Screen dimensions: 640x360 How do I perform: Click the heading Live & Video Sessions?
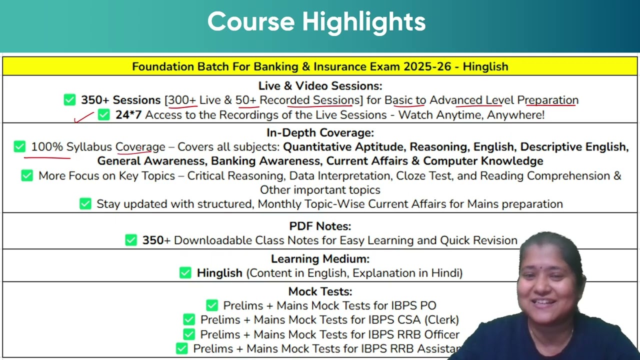[x=320, y=85]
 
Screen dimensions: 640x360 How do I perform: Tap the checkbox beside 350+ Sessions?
[x=69, y=99]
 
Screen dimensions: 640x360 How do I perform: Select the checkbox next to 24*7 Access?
[x=103, y=114]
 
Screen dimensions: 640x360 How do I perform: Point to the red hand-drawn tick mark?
[x=83, y=117]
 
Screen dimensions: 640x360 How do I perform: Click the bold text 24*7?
[x=128, y=115]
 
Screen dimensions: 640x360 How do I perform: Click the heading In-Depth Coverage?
[x=320, y=132]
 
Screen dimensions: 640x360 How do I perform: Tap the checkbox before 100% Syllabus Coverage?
[x=19, y=146]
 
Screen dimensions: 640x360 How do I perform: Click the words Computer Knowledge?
[x=483, y=161]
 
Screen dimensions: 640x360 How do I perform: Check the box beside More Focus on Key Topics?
[x=27, y=175]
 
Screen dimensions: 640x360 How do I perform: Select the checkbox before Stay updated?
[x=85, y=203]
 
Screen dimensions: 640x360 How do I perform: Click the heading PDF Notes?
[x=320, y=226]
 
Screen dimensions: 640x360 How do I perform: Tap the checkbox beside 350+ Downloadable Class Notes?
[x=131, y=240]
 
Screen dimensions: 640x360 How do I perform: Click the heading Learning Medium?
[x=320, y=259]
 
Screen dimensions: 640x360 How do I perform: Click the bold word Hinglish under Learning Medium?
[x=219, y=273]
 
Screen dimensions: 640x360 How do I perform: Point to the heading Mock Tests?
[x=320, y=291]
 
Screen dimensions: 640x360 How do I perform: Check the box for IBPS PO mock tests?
[x=212, y=305]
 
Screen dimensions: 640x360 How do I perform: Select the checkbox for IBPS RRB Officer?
[x=189, y=334]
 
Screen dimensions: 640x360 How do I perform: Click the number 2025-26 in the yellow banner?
[x=427, y=66]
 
